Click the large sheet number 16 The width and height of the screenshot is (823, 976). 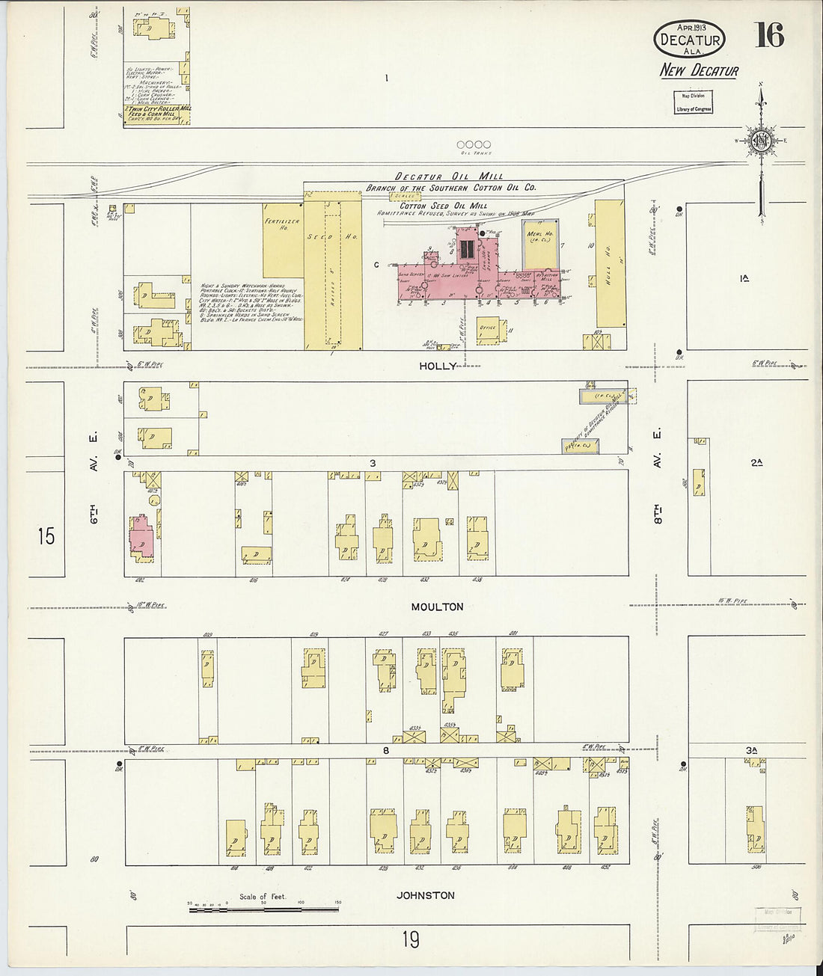click(x=769, y=34)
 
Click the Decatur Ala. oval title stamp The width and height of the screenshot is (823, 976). click(x=689, y=39)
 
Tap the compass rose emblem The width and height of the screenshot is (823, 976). click(x=761, y=141)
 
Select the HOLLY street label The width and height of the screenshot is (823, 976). click(x=437, y=366)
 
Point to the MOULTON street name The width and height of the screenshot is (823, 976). click(x=437, y=607)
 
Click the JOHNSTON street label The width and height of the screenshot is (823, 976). click(x=425, y=895)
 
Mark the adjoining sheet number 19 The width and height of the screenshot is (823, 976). click(x=410, y=939)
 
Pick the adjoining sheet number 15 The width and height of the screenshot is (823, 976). click(x=46, y=535)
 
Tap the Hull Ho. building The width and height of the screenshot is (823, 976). click(x=610, y=263)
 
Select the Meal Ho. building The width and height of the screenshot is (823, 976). click(x=539, y=243)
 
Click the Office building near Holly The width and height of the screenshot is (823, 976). click(x=488, y=328)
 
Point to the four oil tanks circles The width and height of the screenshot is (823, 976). click(x=474, y=144)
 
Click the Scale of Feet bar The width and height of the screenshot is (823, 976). click(x=263, y=909)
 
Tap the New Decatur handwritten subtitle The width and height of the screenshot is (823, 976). click(x=698, y=71)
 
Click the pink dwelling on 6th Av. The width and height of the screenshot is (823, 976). click(x=142, y=536)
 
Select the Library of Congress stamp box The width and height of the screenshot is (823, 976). click(x=694, y=102)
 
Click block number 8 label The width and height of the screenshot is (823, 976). click(x=386, y=750)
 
